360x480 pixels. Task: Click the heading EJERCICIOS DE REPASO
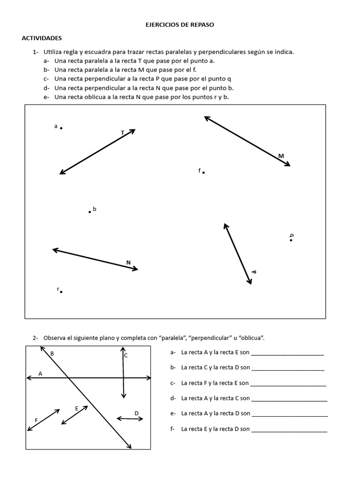(180, 25)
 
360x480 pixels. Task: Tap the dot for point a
(61, 127)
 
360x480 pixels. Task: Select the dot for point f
(203, 172)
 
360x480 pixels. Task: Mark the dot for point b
(90, 212)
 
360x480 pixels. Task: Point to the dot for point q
(291, 240)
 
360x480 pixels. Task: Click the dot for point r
(61, 292)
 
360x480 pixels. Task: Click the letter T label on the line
(123, 133)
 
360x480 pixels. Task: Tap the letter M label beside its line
(281, 156)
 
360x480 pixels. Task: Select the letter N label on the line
(128, 262)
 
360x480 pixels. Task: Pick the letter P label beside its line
(254, 272)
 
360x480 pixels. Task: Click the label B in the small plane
(52, 353)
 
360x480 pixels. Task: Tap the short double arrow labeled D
(130, 419)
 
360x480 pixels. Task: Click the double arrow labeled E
(75, 415)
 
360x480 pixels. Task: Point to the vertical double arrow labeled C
(123, 373)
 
